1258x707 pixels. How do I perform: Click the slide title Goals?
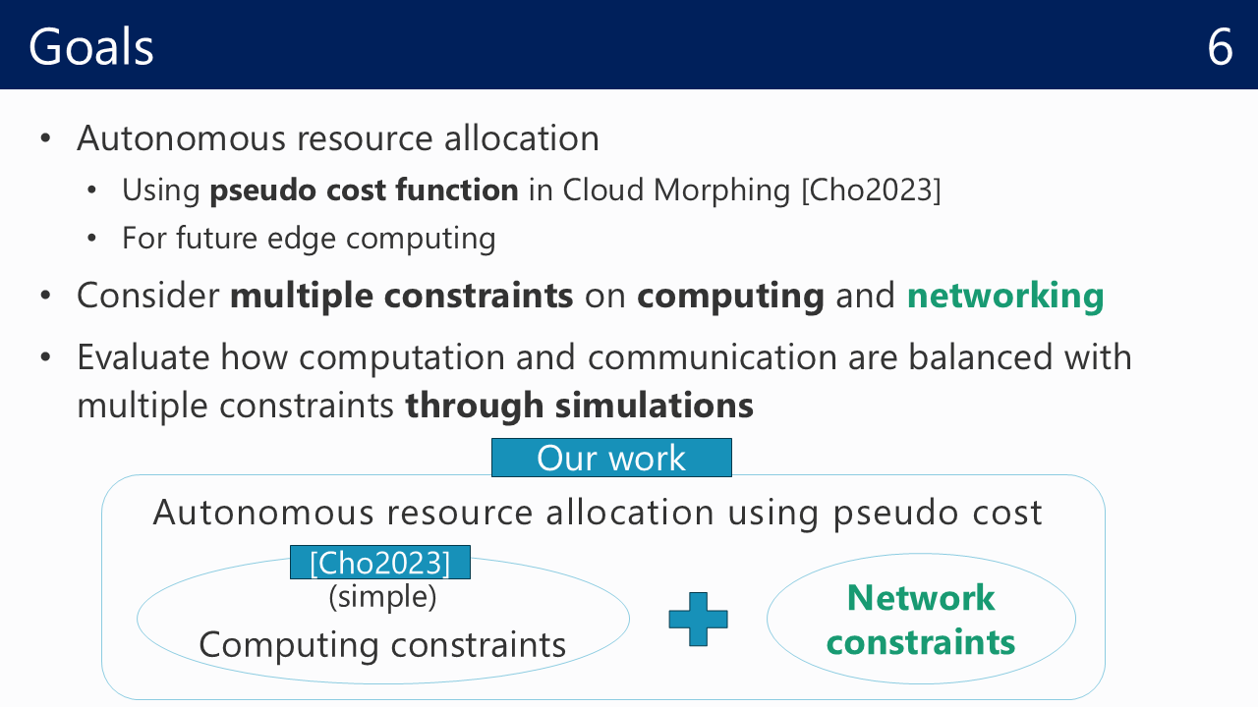[x=91, y=46]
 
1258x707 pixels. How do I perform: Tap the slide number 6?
[x=1220, y=47]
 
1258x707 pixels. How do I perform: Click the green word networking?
[x=1005, y=296]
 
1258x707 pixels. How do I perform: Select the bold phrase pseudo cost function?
[x=364, y=190]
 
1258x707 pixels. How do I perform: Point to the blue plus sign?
[x=698, y=619]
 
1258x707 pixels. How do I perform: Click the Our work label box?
[x=611, y=458]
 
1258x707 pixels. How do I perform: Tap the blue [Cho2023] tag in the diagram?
[x=380, y=563]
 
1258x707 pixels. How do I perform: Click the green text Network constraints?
[x=921, y=620]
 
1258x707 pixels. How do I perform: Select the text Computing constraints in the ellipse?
[x=382, y=645]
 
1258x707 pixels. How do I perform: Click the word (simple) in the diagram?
[x=382, y=596]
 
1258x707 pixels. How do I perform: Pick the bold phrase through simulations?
[x=579, y=406]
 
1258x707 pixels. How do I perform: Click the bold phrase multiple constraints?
[x=402, y=296]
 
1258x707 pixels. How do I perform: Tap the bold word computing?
[x=730, y=297]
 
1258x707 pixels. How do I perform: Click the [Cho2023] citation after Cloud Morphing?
[x=871, y=190]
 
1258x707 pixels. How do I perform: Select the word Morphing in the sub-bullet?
[x=721, y=190]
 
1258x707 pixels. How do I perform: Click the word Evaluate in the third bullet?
[x=143, y=357]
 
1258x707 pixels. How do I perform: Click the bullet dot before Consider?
[x=45, y=296]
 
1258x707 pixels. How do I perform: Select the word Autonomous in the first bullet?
[x=182, y=138]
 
